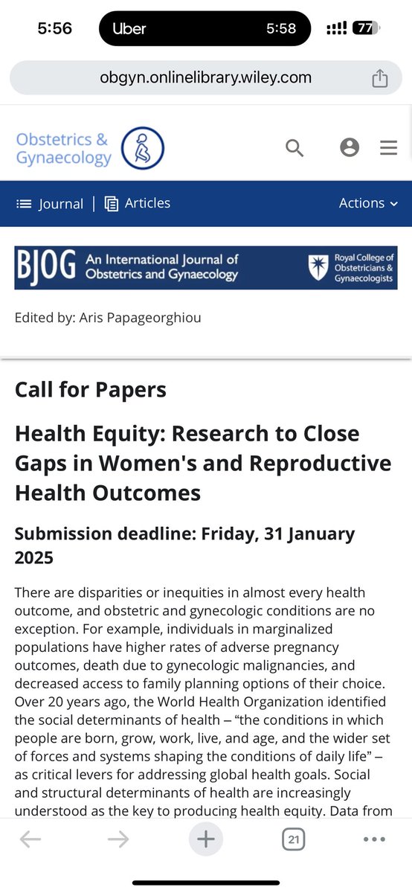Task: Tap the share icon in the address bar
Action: [x=379, y=78]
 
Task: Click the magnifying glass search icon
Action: [x=294, y=147]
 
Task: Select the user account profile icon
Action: [x=350, y=147]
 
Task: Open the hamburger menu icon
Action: [x=388, y=148]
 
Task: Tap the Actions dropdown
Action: [x=368, y=203]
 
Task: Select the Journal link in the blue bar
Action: [x=50, y=204]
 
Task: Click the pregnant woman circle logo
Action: [x=142, y=148]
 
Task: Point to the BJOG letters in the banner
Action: [x=45, y=267]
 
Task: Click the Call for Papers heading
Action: [x=91, y=389]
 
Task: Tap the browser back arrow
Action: [x=30, y=840]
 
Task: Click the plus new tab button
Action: [x=206, y=839]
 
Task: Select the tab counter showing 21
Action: [x=294, y=840]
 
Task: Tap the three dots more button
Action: [x=374, y=840]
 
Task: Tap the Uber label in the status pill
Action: [x=129, y=29]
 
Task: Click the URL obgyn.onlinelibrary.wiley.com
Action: [x=206, y=77]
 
